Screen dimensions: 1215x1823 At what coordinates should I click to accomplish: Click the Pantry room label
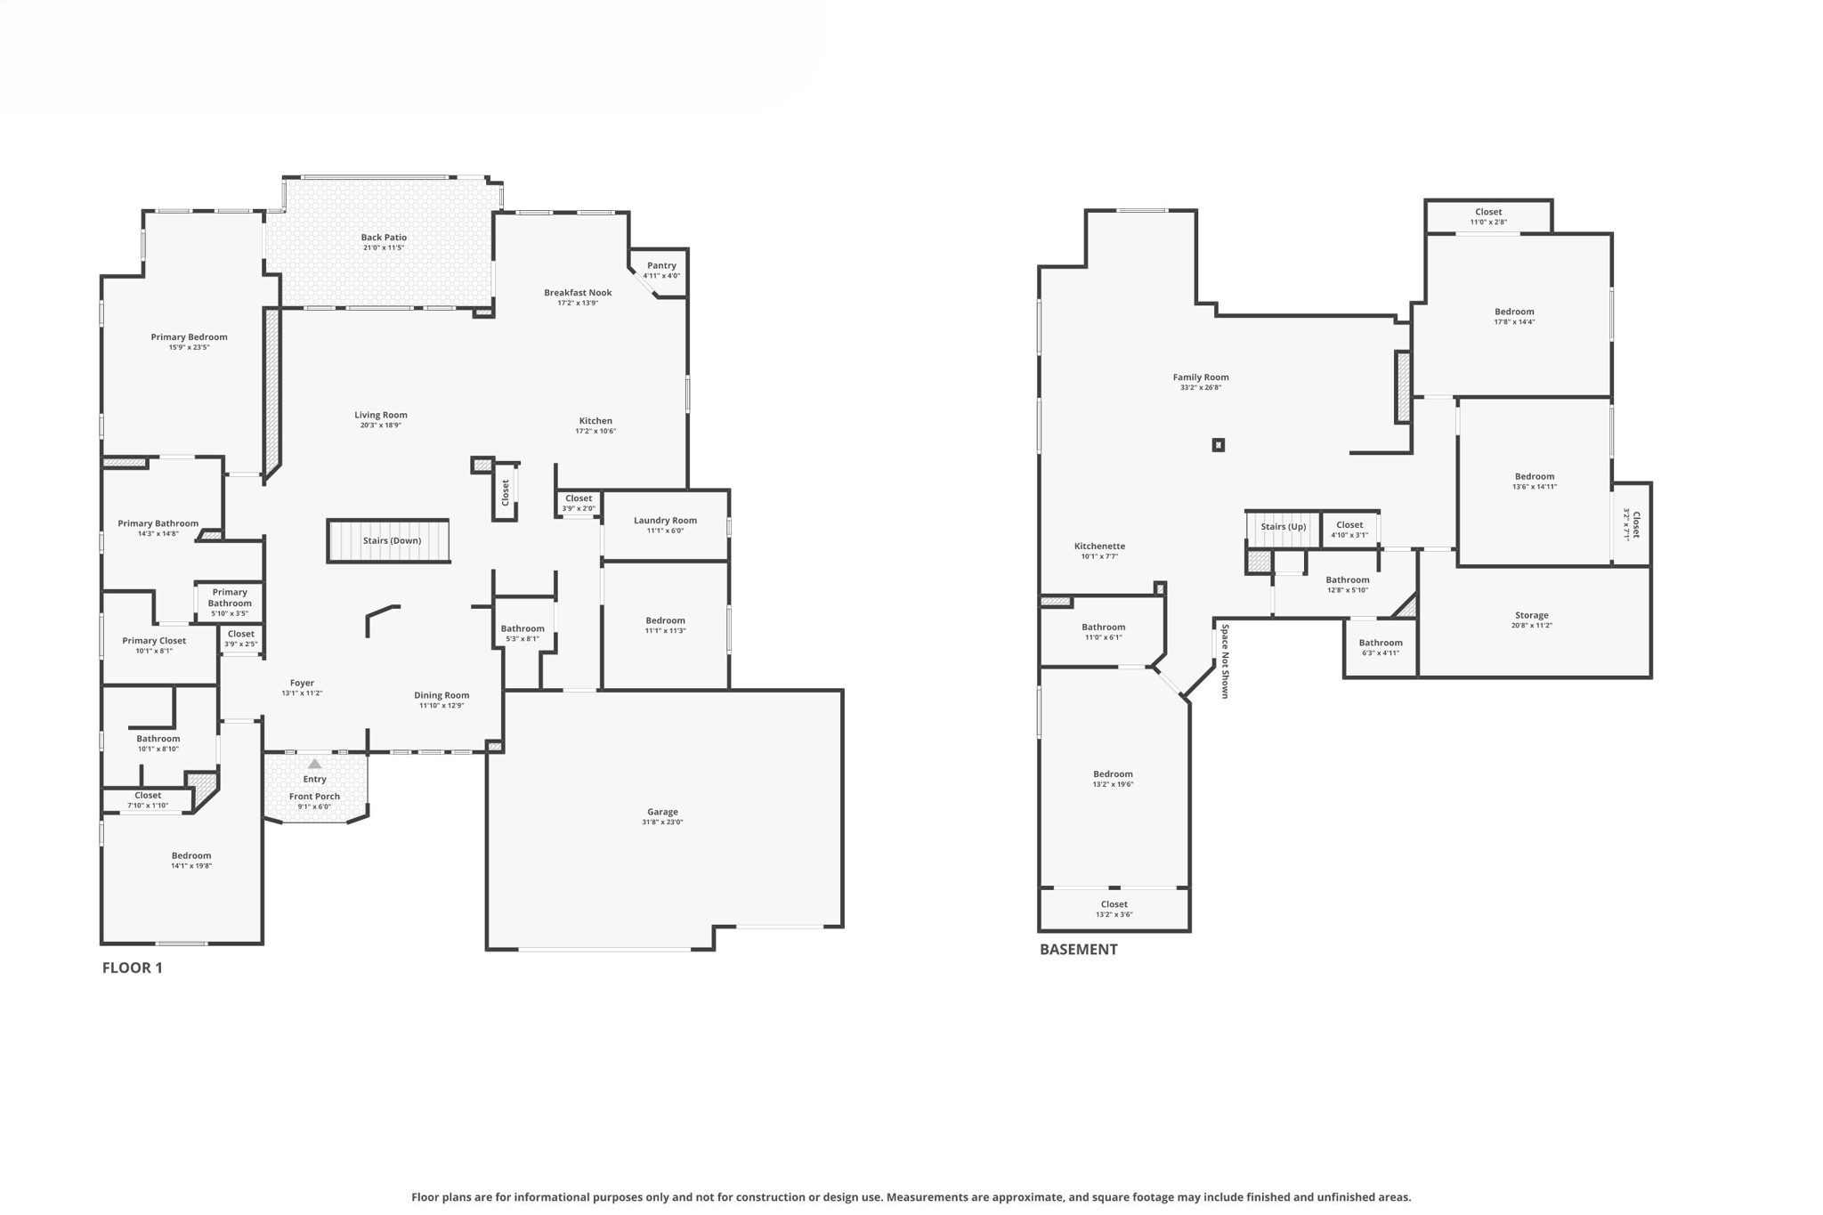[661, 265]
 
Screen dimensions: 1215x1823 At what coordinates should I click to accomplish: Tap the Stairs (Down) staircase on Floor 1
[389, 541]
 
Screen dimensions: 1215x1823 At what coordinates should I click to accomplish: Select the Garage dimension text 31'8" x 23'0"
[662, 822]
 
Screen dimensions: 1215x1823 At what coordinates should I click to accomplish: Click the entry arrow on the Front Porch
[314, 764]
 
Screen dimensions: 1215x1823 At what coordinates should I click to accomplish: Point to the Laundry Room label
[665, 521]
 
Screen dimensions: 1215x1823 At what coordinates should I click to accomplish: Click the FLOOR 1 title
[132, 968]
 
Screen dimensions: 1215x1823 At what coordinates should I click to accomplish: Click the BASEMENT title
[1078, 949]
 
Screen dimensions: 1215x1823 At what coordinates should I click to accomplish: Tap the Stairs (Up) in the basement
[1283, 527]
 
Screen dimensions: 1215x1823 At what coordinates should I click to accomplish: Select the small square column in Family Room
[1218, 445]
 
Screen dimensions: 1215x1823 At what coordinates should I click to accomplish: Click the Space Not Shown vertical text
[1225, 660]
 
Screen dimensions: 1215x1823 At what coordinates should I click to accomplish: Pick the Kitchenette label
[1099, 547]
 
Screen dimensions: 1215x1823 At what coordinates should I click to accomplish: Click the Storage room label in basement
[1531, 615]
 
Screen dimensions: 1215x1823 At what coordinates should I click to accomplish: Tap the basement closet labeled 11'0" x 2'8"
[1487, 216]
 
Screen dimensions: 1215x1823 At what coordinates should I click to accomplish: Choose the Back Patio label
[384, 238]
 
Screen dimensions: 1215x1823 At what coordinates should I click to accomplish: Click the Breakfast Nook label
[578, 293]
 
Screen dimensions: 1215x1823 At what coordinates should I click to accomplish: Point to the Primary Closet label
[154, 641]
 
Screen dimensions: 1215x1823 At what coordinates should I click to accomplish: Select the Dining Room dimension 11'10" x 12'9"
[442, 706]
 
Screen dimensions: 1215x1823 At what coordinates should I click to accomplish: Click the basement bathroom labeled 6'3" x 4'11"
[1380, 647]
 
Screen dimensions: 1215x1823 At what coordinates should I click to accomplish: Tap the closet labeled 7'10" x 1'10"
[148, 799]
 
